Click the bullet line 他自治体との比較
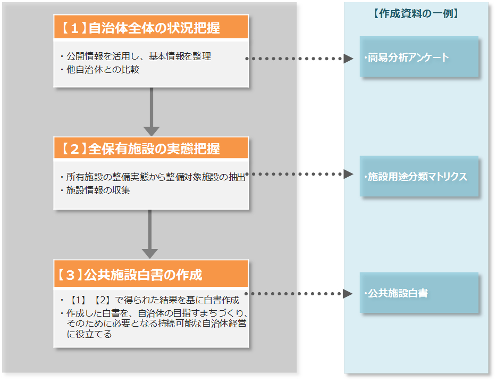[x=102, y=69]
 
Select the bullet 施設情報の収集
[x=98, y=190]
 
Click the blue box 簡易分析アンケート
[x=419, y=57]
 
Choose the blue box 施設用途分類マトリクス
[x=419, y=177]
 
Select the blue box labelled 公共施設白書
[x=419, y=293]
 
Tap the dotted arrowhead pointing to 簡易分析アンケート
[x=348, y=59]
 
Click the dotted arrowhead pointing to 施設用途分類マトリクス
[x=348, y=174]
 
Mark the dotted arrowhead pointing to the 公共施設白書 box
[x=348, y=294]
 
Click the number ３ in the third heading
[x=70, y=275]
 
